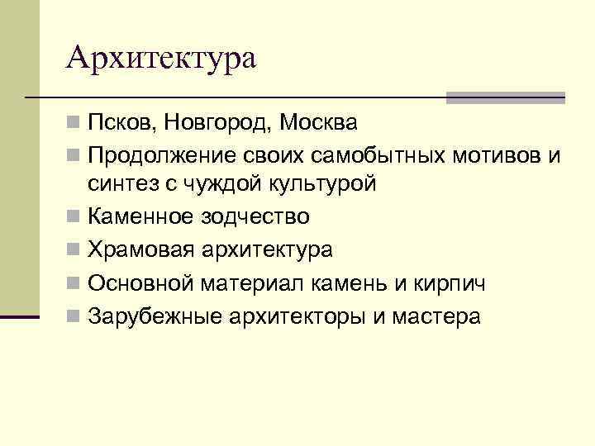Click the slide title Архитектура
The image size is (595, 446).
pyautogui.click(x=162, y=58)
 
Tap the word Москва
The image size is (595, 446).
pyautogui.click(x=318, y=125)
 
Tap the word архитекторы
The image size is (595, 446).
pyautogui.click(x=298, y=316)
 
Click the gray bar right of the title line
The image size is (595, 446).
pyautogui.click(x=505, y=97)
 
